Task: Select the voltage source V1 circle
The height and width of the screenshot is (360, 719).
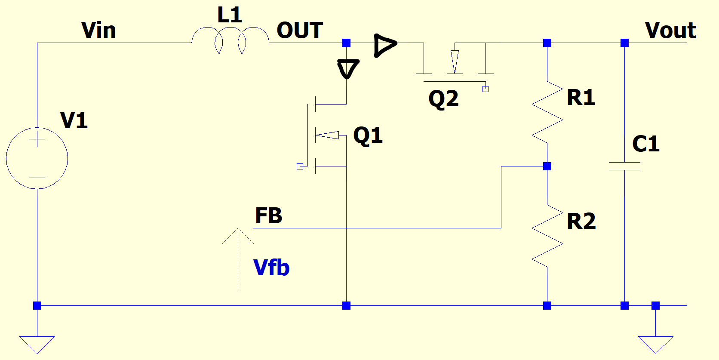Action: (37, 158)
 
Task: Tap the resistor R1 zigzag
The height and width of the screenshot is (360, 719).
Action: (547, 112)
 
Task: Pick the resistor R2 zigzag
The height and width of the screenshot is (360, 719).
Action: (547, 236)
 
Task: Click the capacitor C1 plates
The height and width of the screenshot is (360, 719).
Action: (624, 166)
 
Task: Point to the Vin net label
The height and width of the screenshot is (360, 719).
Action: (98, 31)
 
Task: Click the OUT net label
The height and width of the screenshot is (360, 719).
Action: (300, 31)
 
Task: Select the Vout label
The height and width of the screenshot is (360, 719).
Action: (670, 31)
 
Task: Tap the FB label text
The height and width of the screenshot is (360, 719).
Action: (269, 215)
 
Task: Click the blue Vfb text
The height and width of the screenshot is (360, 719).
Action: (271, 268)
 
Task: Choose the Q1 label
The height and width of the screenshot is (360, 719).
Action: (368, 135)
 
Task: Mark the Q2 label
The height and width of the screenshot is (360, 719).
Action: (443, 99)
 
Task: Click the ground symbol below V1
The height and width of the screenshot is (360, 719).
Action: (37, 344)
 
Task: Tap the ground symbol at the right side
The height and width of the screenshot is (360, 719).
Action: (655, 344)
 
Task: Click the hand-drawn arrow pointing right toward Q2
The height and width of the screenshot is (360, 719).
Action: (385, 45)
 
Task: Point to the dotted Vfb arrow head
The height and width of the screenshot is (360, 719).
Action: (238, 234)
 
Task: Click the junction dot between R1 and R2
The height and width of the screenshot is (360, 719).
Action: (547, 166)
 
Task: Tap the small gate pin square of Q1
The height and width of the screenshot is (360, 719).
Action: (300, 166)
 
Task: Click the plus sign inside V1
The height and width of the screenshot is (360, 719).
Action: (37, 139)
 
